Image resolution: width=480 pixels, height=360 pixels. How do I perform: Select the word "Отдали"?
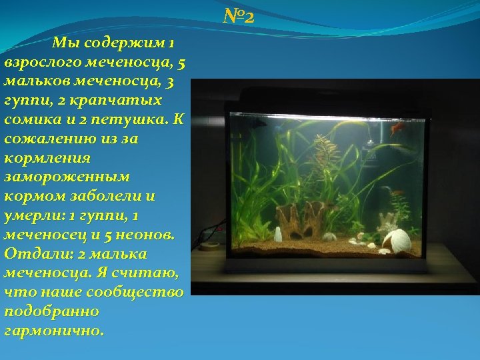point(34,254)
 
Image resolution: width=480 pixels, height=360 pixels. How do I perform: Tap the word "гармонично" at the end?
point(53,331)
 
